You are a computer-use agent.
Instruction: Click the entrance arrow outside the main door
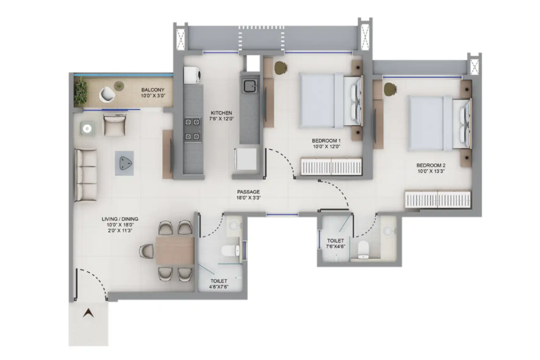88,313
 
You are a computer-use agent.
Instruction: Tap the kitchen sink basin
250,86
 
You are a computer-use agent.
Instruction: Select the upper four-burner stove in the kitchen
193,122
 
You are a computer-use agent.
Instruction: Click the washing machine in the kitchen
193,75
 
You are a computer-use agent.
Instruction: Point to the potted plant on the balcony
81,92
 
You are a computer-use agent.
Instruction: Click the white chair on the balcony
107,94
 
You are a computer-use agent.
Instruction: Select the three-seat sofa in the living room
85,175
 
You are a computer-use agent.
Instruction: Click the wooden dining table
175,251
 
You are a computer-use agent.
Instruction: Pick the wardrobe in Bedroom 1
331,166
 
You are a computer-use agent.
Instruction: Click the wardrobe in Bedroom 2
437,199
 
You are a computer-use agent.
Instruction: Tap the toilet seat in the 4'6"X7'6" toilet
230,251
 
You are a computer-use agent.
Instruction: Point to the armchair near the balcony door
114,125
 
